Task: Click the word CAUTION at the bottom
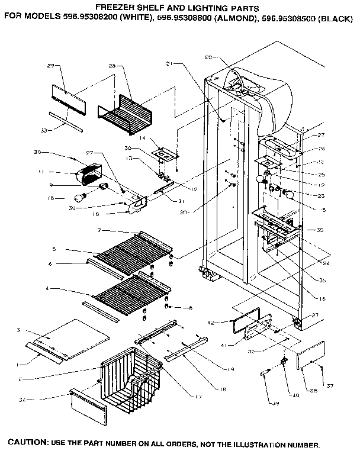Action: (x=27, y=443)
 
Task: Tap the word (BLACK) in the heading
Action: (x=336, y=18)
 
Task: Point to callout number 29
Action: (x=50, y=65)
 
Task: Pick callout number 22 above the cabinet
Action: (x=208, y=57)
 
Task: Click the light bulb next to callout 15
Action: (x=79, y=198)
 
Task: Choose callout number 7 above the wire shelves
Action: (x=101, y=229)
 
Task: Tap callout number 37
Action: (x=330, y=386)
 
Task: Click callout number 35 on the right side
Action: (x=320, y=230)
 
